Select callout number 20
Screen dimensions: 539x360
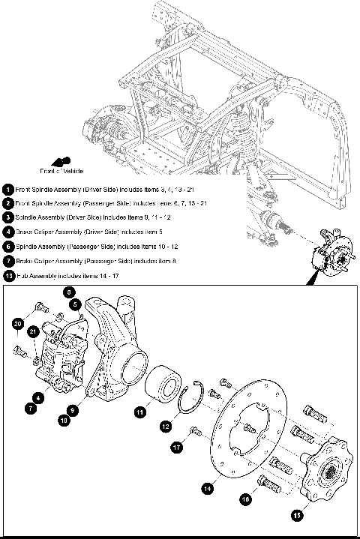16,323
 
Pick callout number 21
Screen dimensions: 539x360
32,332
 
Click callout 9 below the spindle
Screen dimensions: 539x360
71,410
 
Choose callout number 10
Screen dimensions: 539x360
61,421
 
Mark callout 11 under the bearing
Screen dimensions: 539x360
140,411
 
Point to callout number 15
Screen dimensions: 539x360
297,515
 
